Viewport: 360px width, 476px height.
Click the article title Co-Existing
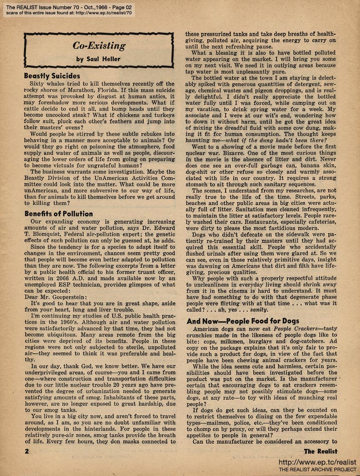pyautogui.click(x=99, y=46)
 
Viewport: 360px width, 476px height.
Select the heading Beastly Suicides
pyautogui.click(x=52, y=76)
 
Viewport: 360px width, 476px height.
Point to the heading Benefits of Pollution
pyautogui.click(x=58, y=213)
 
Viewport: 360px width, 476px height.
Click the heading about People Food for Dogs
pyautogui.click(x=248, y=321)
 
